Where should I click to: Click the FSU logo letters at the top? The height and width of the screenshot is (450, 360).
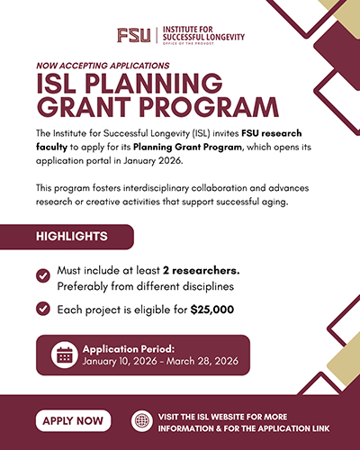coord(135,35)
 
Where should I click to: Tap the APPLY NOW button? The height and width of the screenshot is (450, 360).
coord(73,419)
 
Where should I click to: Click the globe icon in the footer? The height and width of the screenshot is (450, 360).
coord(141,419)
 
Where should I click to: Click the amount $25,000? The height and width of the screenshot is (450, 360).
coord(212,309)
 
